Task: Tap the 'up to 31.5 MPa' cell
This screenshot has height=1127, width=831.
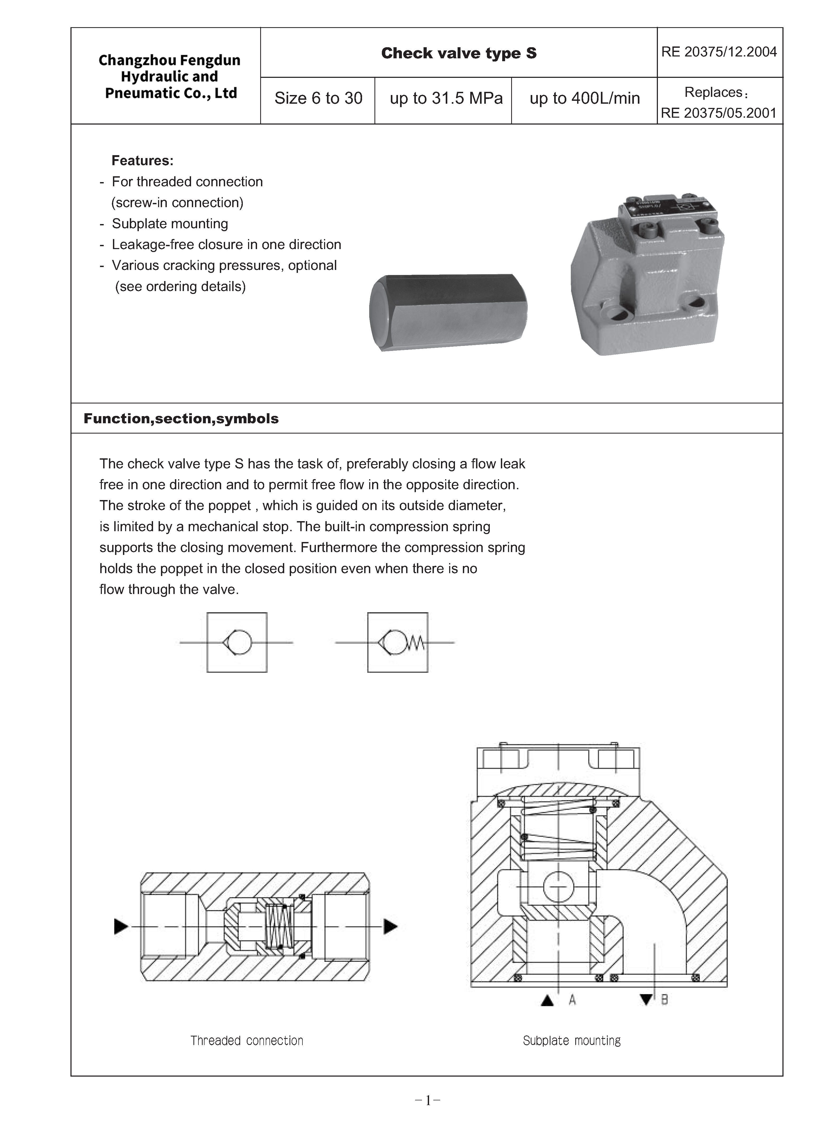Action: click(446, 98)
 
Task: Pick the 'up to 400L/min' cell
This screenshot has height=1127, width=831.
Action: click(585, 98)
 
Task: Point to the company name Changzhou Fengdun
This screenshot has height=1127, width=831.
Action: click(169, 60)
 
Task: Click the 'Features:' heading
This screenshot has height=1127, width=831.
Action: click(142, 160)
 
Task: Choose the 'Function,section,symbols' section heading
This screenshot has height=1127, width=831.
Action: click(181, 419)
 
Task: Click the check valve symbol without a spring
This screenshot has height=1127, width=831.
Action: click(237, 642)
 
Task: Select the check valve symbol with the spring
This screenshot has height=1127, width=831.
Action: click(398, 642)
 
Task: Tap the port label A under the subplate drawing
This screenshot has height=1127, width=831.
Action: click(572, 1000)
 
